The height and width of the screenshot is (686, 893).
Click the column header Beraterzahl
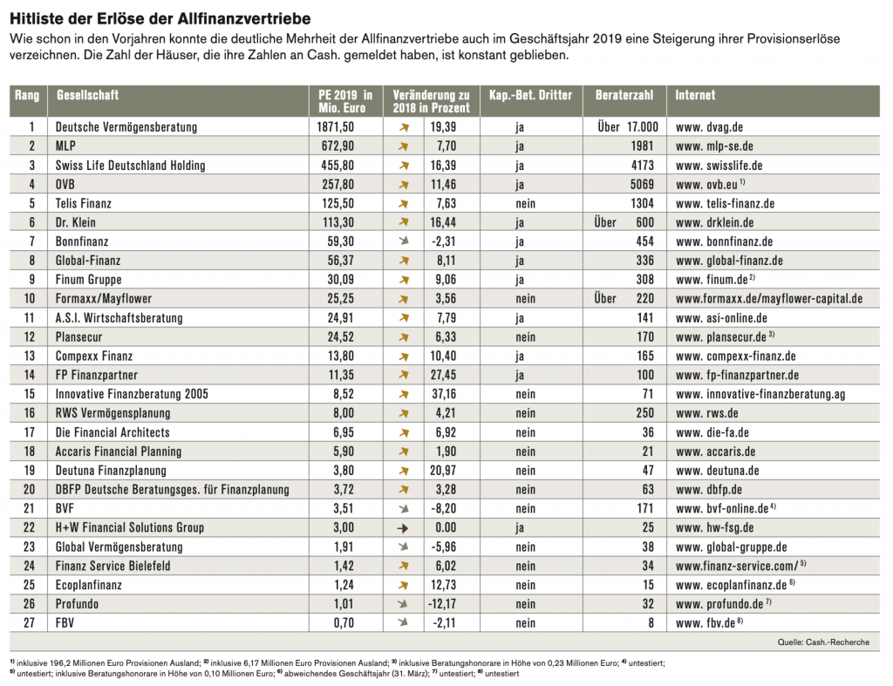point(621,95)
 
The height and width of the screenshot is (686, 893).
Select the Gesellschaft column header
point(87,95)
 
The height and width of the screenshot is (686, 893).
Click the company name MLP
point(66,146)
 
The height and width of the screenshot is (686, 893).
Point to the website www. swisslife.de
point(719,166)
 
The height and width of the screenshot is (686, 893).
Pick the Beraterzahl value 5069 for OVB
point(642,185)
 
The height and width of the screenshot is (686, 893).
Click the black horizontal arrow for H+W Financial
point(403,528)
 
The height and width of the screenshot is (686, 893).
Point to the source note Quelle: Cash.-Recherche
point(822,643)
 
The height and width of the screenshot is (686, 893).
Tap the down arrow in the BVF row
point(403,509)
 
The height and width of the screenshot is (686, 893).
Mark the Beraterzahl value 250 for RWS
point(645,413)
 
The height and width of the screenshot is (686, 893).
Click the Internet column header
point(695,95)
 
